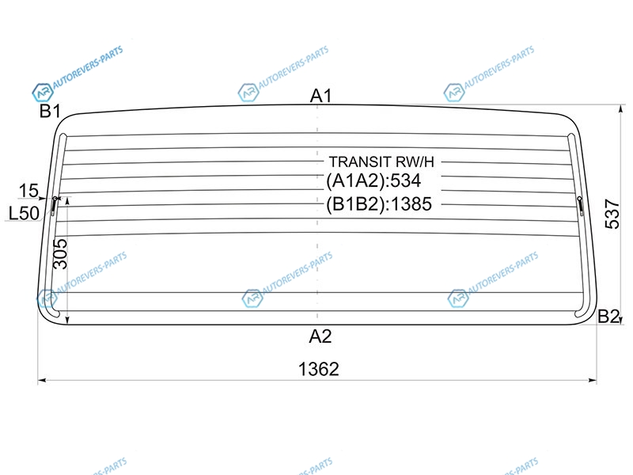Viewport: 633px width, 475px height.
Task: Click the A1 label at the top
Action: (x=320, y=96)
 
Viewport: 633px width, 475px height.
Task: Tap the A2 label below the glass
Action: (x=320, y=336)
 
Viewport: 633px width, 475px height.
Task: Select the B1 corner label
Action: (x=50, y=111)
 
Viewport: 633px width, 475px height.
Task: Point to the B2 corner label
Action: (x=608, y=316)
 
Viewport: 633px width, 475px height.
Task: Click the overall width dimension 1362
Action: (x=319, y=369)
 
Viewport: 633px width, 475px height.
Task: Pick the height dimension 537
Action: (x=612, y=214)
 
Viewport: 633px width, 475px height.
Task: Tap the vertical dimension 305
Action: (x=61, y=253)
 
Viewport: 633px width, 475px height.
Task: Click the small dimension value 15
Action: (x=28, y=191)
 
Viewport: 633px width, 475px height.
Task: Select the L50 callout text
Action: (x=24, y=213)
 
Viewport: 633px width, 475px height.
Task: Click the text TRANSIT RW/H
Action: (x=381, y=161)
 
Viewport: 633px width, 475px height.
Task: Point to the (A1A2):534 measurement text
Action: (x=373, y=180)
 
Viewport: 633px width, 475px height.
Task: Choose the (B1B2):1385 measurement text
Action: (x=379, y=204)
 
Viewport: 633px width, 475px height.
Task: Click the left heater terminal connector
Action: (x=54, y=206)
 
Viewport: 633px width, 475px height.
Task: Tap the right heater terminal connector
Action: (x=581, y=206)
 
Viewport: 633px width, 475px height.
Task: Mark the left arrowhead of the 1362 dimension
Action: (x=41, y=380)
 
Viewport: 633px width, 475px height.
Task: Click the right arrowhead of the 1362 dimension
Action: (x=593, y=380)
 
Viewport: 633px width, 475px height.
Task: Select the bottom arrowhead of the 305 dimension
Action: (x=67, y=321)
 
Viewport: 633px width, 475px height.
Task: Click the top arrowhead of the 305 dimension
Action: (x=67, y=201)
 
